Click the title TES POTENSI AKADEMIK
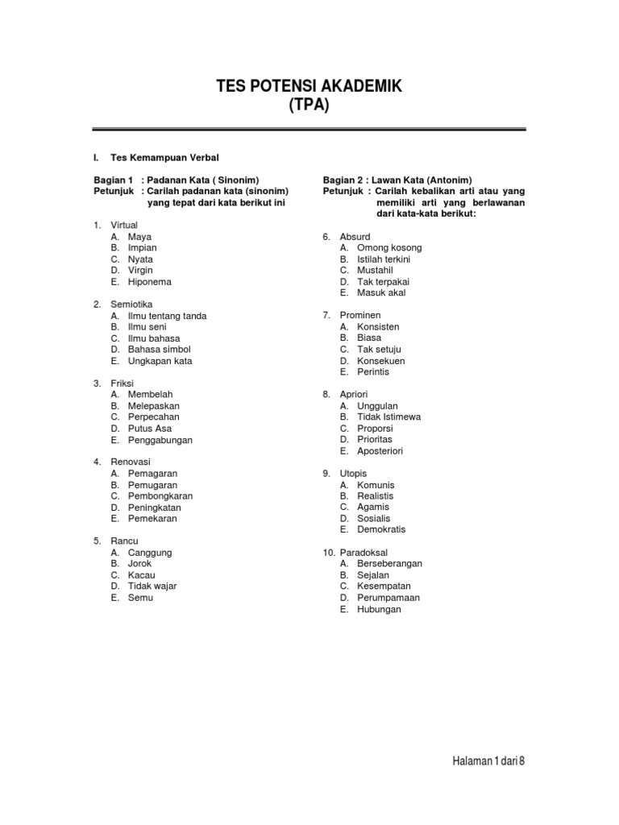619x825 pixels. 309,86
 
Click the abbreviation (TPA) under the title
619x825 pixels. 309,106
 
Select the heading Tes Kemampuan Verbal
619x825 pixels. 164,157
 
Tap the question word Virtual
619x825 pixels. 124,225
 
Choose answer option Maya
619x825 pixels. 139,237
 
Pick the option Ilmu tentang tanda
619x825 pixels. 167,316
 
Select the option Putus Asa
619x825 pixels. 150,429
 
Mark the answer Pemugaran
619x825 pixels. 153,485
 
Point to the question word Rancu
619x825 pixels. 124,541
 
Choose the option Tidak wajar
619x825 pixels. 152,586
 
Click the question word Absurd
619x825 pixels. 355,236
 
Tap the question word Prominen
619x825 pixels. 360,315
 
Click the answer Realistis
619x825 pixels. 376,496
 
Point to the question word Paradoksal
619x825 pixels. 364,552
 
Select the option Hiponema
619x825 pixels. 149,282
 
